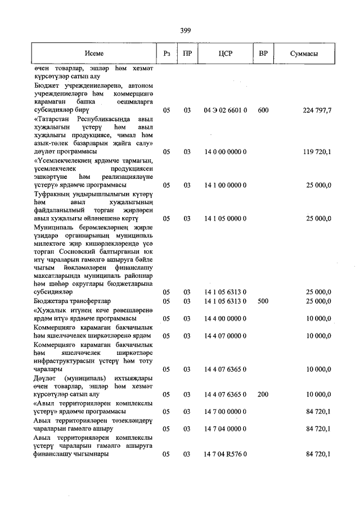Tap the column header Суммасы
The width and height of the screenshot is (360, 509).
(x=304, y=53)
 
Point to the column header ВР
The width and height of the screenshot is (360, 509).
(x=263, y=53)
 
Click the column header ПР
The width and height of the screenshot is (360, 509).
(x=187, y=53)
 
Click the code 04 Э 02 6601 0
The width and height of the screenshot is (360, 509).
(x=226, y=111)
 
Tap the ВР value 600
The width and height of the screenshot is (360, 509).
(x=263, y=111)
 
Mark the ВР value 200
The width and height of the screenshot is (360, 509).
(x=263, y=396)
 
